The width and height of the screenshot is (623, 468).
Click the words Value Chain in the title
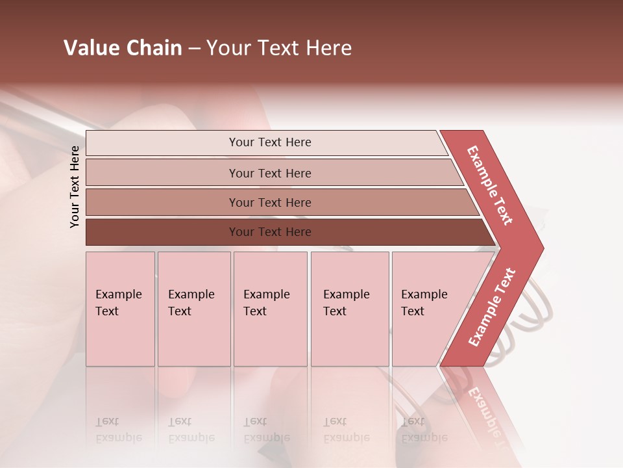coord(123,48)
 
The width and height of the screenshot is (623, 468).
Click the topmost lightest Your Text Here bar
coord(269,142)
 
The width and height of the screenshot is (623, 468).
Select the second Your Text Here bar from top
coord(269,173)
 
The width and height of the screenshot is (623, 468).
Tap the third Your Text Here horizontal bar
coord(269,202)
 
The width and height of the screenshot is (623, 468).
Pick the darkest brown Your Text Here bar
coord(269,232)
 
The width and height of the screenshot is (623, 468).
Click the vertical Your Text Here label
coord(75,187)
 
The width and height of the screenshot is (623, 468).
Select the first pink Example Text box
coord(120,309)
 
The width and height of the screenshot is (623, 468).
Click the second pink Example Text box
coord(193,309)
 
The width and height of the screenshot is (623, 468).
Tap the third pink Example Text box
coord(269,309)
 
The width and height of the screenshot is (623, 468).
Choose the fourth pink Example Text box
coord(349,309)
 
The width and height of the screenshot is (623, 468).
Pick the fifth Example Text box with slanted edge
coord(428,309)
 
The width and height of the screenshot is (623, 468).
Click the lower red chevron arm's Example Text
coord(492,307)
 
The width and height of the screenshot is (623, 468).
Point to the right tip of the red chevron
coord(541,248)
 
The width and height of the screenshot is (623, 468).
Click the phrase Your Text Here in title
coord(279,48)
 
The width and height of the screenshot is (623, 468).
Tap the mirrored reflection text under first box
coord(118,430)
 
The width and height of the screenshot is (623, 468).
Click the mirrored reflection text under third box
coord(266,430)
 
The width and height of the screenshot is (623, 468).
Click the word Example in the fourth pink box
coord(346,294)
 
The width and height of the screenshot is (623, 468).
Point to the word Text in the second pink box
coord(180,311)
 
